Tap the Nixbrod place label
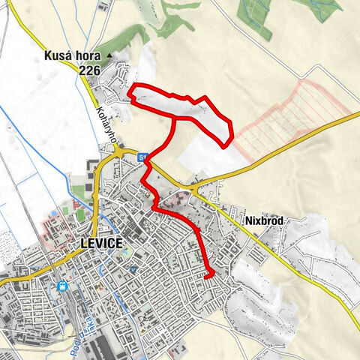point(264,222)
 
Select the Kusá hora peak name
point(82,56)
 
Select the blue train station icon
point(64,286)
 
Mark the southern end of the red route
point(207,276)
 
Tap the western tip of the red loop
point(131,93)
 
